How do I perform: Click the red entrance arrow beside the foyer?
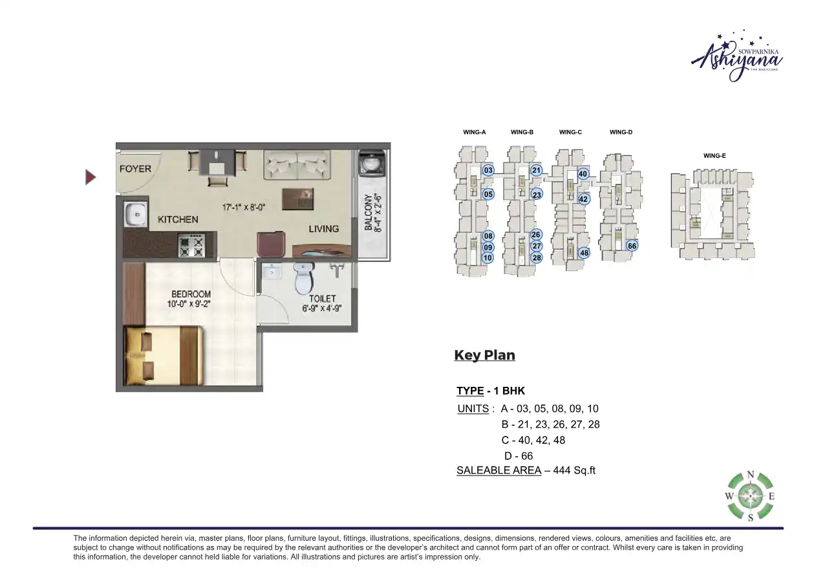pyautogui.click(x=91, y=177)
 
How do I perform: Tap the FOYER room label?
pyautogui.click(x=135, y=169)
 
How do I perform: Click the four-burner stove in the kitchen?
pyautogui.click(x=191, y=245)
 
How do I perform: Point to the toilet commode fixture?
pyautogui.click(x=303, y=279)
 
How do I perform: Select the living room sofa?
pyautogui.click(x=297, y=164)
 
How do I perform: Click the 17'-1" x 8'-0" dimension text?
pyautogui.click(x=244, y=208)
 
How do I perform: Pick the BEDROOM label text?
pyautogui.click(x=191, y=294)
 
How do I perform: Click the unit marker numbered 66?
pyautogui.click(x=632, y=246)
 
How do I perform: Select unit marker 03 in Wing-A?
pyautogui.click(x=488, y=171)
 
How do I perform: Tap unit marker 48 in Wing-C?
pyautogui.click(x=584, y=253)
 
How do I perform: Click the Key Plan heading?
pyautogui.click(x=484, y=355)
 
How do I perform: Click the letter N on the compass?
pyautogui.click(x=750, y=474)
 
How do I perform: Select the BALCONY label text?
pyautogui.click(x=368, y=213)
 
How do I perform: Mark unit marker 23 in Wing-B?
pyautogui.click(x=536, y=195)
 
